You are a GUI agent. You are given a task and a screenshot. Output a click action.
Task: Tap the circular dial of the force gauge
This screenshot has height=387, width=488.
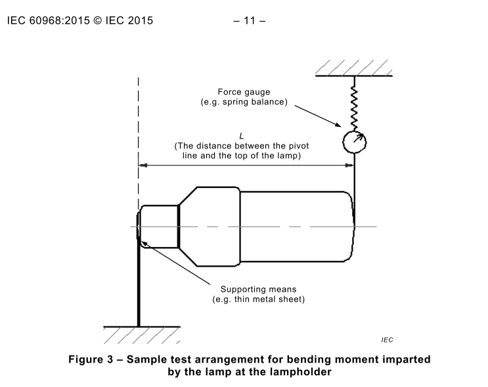tap(354, 141)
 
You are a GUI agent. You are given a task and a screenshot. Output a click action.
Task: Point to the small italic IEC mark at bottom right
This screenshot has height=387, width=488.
tap(387, 339)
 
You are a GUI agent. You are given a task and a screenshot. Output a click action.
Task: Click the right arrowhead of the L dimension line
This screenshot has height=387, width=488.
tap(349, 165)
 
